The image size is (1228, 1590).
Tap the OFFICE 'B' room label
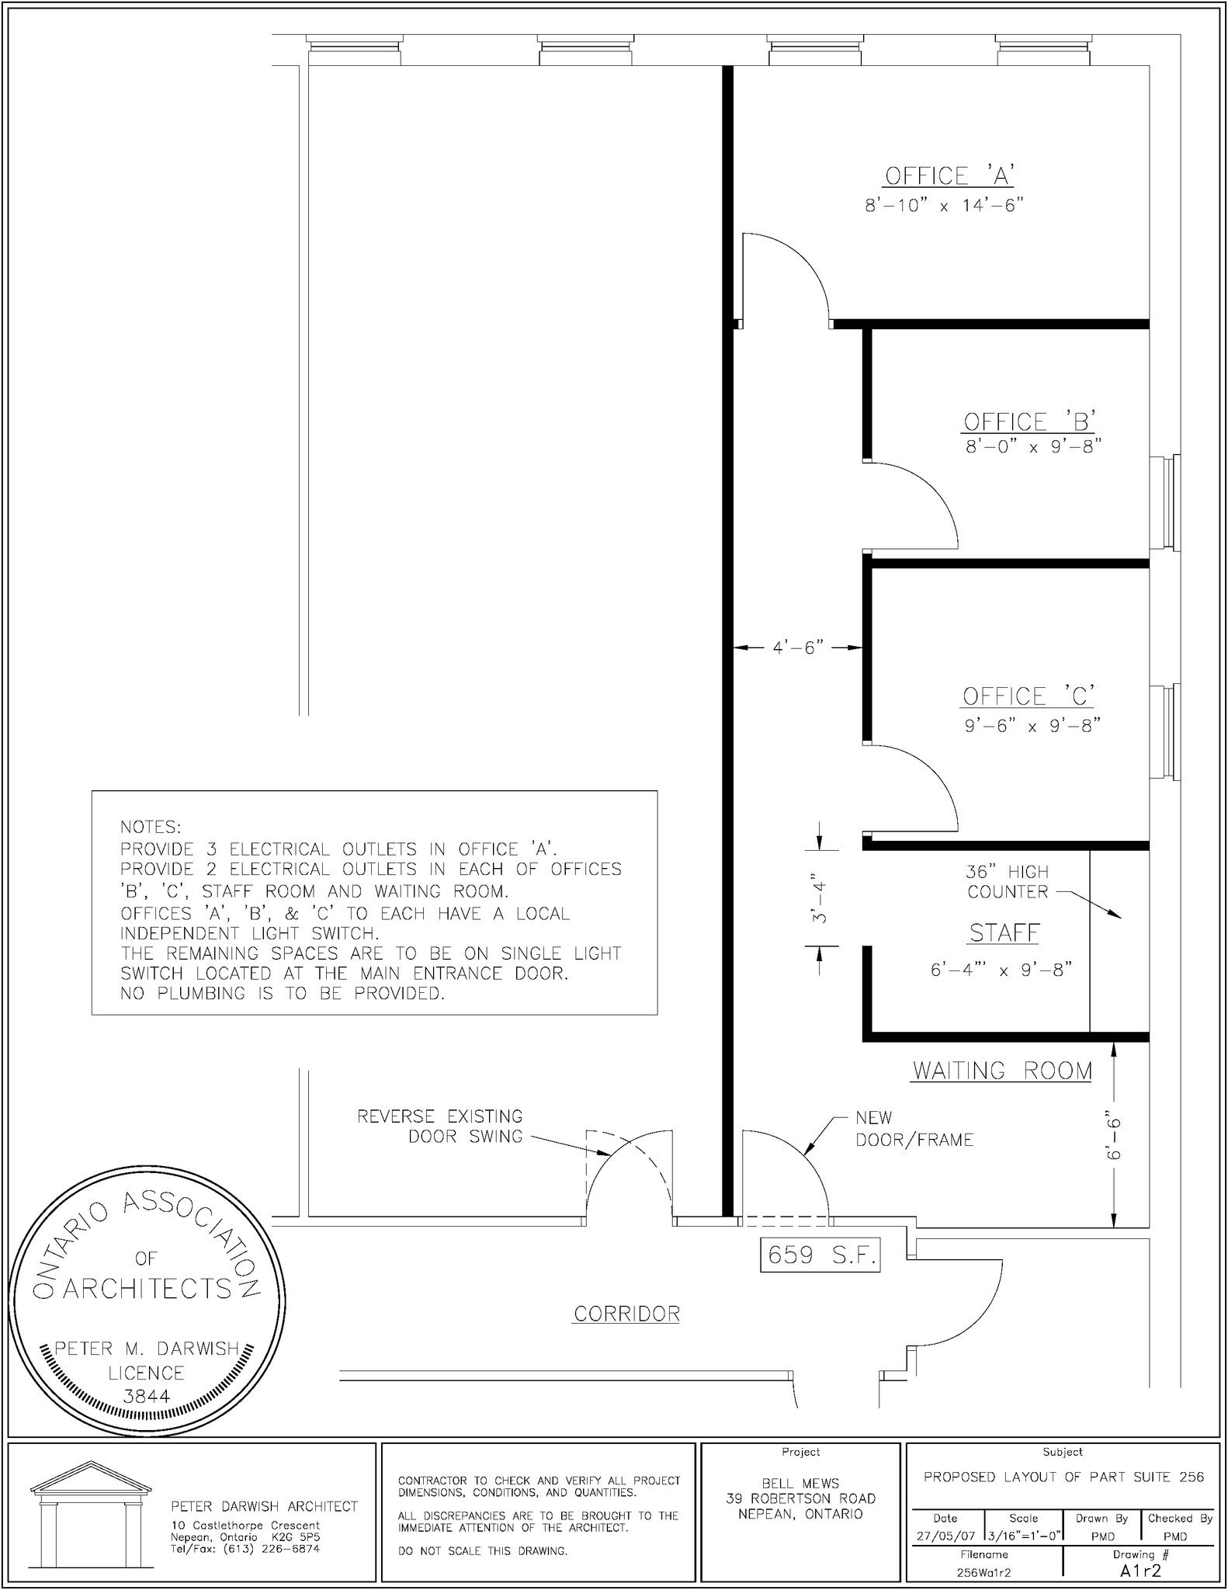pos(1029,422)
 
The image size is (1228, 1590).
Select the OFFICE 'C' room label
pos(1029,696)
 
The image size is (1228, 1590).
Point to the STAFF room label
pos(1004,932)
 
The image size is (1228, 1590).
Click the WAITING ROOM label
pos(1002,1071)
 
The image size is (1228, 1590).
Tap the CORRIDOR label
pos(626,1314)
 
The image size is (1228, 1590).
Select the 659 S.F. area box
pos(820,1255)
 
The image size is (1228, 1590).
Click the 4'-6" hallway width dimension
pos(798,647)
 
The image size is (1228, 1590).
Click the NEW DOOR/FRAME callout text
pos(914,1129)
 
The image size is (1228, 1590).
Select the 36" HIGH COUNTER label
pos(1007,882)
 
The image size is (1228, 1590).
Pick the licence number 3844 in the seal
pos(146,1396)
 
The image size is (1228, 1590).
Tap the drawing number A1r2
pos(1140,1571)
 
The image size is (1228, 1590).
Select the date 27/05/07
pos(945,1536)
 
